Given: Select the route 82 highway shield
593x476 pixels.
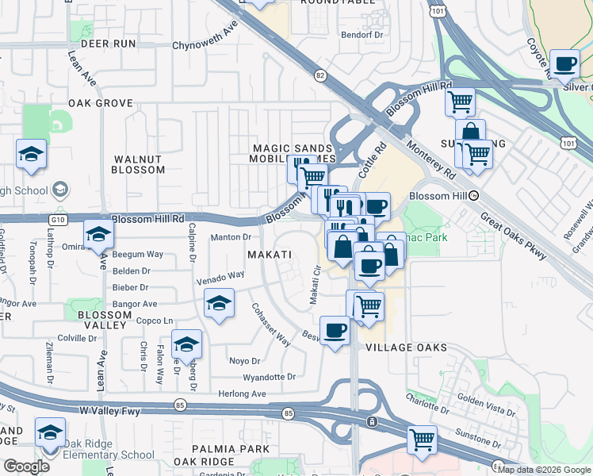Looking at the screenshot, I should [x=320, y=75].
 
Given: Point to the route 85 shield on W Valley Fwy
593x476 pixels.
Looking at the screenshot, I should [x=288, y=413].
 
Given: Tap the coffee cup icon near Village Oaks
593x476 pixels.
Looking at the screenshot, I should [x=335, y=330].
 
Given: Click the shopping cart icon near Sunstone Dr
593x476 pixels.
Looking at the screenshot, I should [x=422, y=439].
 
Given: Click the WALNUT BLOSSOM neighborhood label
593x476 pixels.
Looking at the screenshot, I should [x=137, y=164].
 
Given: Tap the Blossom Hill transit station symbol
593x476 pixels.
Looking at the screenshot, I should [x=474, y=195].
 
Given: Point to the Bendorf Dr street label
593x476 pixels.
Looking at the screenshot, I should [x=362, y=36].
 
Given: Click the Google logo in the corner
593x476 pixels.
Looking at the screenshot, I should [x=26, y=466].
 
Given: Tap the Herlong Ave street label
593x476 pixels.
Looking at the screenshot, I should [x=243, y=393].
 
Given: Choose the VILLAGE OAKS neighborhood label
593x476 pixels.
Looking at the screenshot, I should [x=405, y=347].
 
